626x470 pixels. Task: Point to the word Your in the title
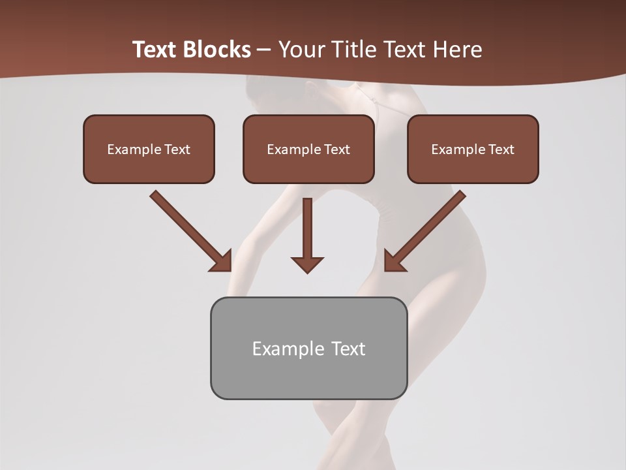(299, 50)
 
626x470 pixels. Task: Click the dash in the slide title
(264, 50)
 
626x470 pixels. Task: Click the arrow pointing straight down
(307, 235)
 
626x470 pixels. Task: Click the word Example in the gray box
(279, 349)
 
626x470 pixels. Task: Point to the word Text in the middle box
(336, 149)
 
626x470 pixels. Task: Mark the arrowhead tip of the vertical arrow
(307, 272)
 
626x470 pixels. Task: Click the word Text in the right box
(501, 149)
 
